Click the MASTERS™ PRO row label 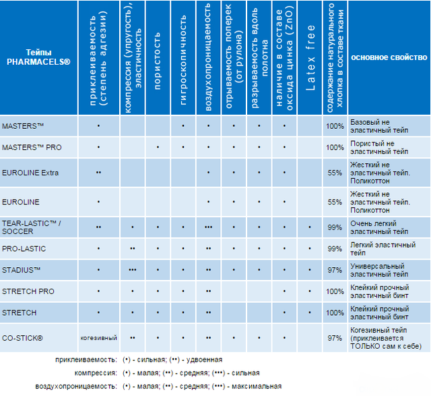[32, 147]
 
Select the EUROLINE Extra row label [30, 173]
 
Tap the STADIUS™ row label [21, 270]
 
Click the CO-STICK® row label [22, 338]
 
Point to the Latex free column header [310, 57]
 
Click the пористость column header [157, 61]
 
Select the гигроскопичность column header [183, 60]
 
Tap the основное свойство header [389, 57]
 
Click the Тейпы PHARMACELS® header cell [38, 57]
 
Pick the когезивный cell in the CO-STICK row [99, 338]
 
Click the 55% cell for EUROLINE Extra [335, 173]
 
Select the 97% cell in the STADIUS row [335, 270]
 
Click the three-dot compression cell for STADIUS [133, 270]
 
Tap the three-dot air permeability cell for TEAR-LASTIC [208, 227]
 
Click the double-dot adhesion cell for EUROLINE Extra [99, 173]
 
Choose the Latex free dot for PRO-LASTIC [310, 249]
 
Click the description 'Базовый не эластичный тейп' [379, 126]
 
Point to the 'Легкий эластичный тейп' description [383, 249]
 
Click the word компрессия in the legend [96, 373]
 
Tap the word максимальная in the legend [257, 387]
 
